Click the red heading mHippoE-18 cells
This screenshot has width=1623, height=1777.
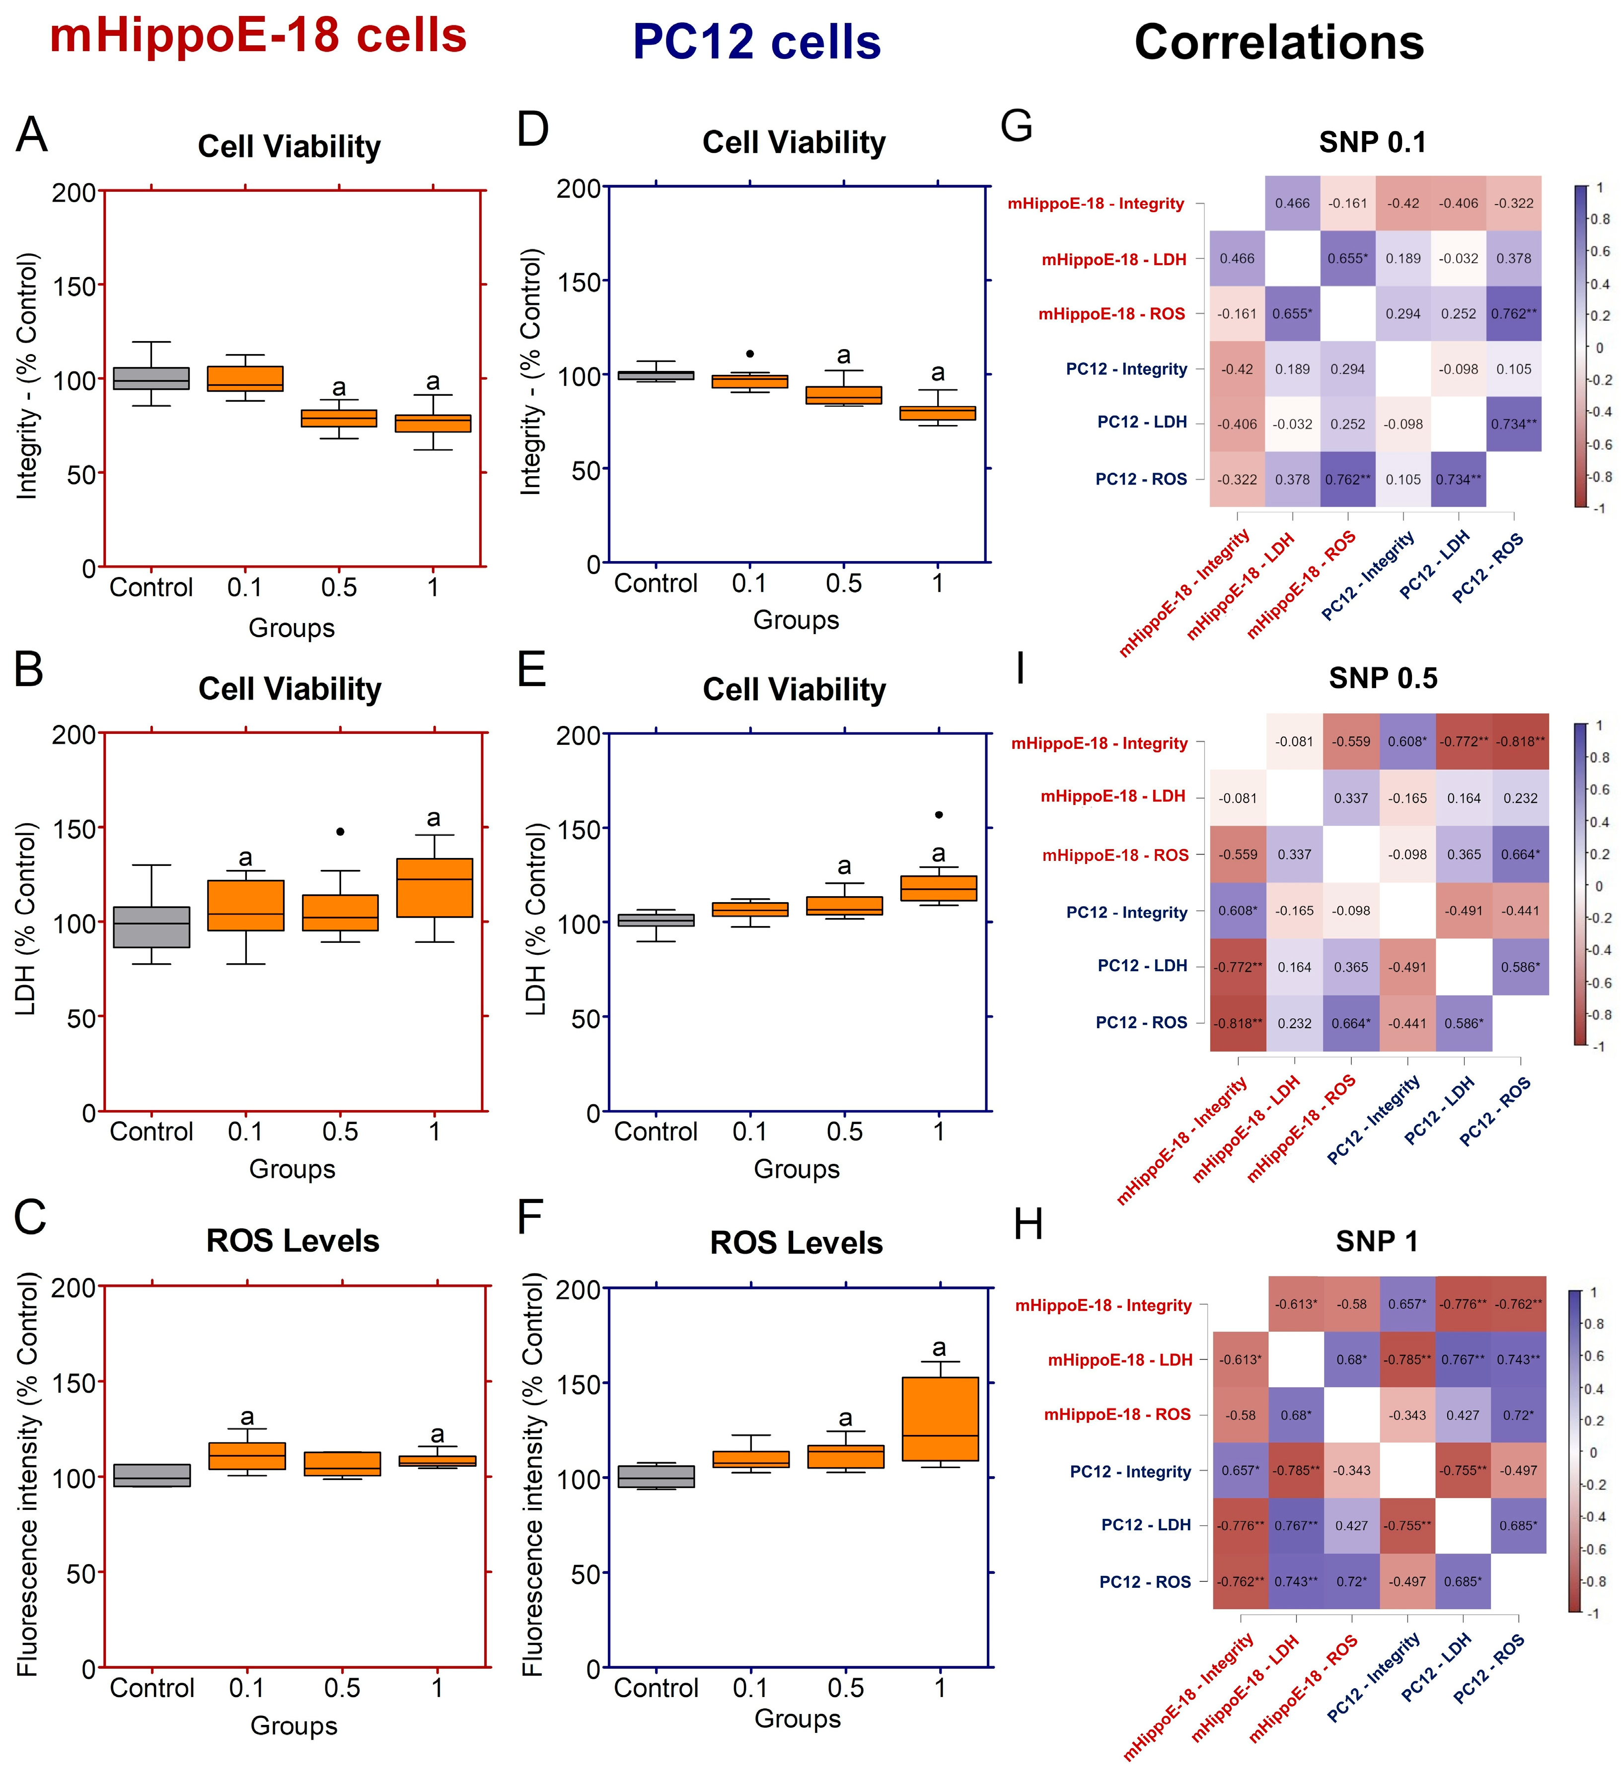tap(257, 37)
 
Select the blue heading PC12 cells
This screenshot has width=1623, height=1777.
tap(756, 42)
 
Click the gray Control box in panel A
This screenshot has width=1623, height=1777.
tap(151, 378)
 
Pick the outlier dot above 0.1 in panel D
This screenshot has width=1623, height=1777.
tap(749, 354)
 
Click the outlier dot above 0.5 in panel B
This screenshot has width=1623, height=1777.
tap(340, 831)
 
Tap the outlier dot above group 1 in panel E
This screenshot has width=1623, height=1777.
tap(939, 814)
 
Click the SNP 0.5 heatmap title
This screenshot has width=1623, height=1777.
tap(1382, 678)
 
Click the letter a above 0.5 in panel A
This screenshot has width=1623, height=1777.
tap(339, 388)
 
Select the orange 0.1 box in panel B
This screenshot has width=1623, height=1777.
tap(245, 905)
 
